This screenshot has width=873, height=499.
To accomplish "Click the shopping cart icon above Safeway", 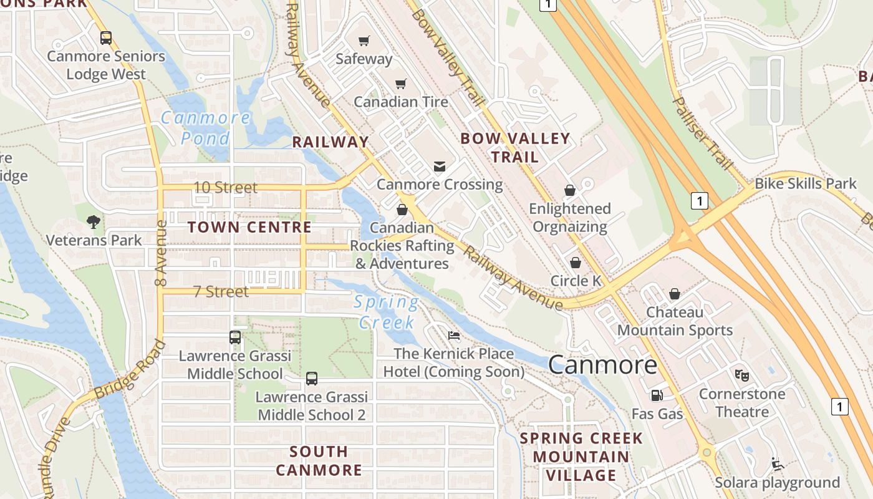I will pyautogui.click(x=364, y=41).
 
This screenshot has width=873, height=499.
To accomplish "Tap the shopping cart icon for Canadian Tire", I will pyautogui.click(x=401, y=84).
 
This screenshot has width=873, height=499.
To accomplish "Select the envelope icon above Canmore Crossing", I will pyautogui.click(x=440, y=166).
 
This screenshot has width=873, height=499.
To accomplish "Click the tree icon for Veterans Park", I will pyautogui.click(x=94, y=221).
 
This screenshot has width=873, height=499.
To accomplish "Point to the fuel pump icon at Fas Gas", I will pyautogui.click(x=657, y=395).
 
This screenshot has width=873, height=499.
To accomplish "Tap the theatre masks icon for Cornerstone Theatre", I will pyautogui.click(x=741, y=375).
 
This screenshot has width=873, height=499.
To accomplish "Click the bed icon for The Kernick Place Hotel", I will pyautogui.click(x=454, y=336).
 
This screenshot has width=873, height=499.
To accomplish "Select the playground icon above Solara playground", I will pyautogui.click(x=777, y=464).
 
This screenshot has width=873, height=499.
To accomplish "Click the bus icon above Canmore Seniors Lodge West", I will pyautogui.click(x=106, y=37).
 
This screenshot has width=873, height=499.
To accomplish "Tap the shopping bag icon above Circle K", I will pyautogui.click(x=576, y=263).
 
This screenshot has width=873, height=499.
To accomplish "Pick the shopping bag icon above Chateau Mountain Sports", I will pyautogui.click(x=675, y=293).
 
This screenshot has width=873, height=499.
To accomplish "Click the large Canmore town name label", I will pyautogui.click(x=602, y=365).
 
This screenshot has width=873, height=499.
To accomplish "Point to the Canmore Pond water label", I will pyautogui.click(x=206, y=127).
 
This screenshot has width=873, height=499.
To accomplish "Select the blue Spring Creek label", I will pyautogui.click(x=387, y=312).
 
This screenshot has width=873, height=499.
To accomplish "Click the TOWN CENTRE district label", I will pyautogui.click(x=249, y=227).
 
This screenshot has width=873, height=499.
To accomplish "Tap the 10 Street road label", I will pyautogui.click(x=225, y=187).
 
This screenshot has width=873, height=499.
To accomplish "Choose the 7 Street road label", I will pyautogui.click(x=220, y=291).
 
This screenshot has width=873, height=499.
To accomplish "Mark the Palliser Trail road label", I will pyautogui.click(x=702, y=133).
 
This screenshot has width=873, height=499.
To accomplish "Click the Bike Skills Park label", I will pyautogui.click(x=806, y=183).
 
